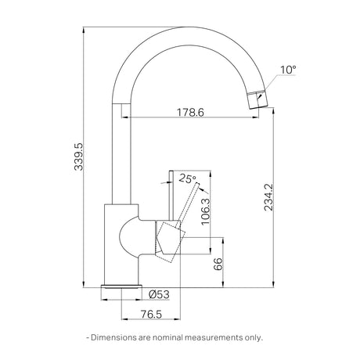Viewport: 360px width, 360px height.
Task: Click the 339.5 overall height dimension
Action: click(x=78, y=157)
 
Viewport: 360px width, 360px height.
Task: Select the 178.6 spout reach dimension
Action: click(x=190, y=113)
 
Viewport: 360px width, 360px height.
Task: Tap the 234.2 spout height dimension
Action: click(x=268, y=197)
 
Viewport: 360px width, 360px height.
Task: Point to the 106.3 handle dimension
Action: click(x=205, y=211)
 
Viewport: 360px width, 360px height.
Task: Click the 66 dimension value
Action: click(x=218, y=264)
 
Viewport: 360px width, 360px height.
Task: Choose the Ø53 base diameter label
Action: click(x=159, y=295)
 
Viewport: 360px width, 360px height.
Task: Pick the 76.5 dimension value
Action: click(x=151, y=314)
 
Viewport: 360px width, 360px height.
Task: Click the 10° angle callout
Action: click(x=288, y=70)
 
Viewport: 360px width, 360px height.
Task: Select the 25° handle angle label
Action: click(x=187, y=178)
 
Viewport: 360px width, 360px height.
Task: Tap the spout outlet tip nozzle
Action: click(x=257, y=99)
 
